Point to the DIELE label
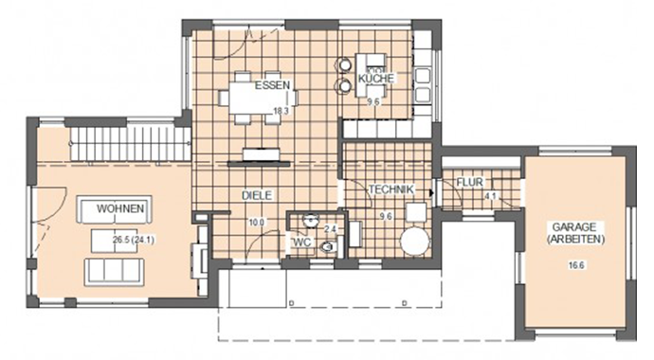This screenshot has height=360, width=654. [x=258, y=195]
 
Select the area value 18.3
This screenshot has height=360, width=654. [x=280, y=111]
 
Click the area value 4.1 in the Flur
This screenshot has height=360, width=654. [x=490, y=197]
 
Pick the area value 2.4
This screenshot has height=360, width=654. [x=330, y=229]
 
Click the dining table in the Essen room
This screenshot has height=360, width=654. [x=258, y=96]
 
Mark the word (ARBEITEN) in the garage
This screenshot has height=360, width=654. [x=574, y=242]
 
